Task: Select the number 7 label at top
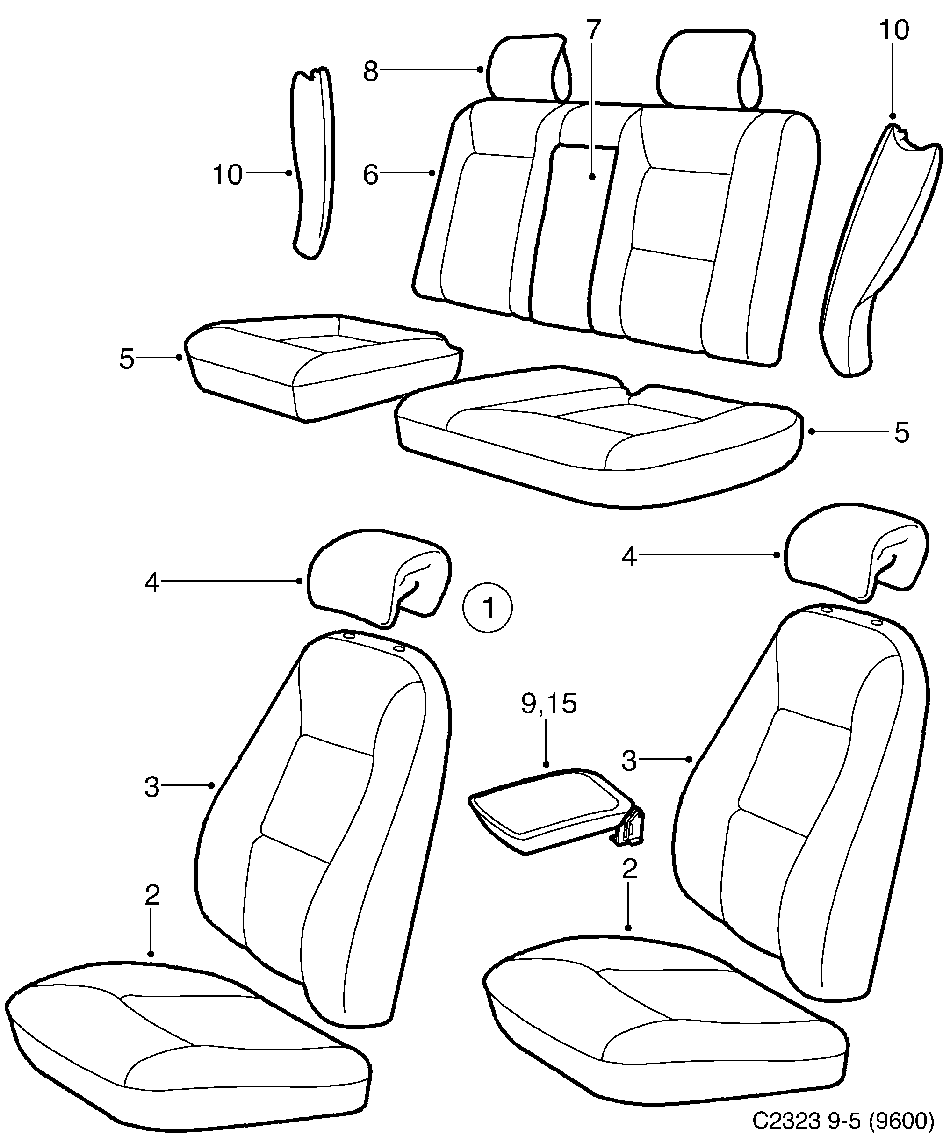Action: point(593,31)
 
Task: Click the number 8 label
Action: point(370,71)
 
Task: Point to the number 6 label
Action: point(370,175)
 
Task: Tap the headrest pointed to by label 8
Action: point(527,68)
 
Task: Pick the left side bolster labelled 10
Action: point(313,162)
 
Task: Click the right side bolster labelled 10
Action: point(877,244)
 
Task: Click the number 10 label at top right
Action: point(893,31)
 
